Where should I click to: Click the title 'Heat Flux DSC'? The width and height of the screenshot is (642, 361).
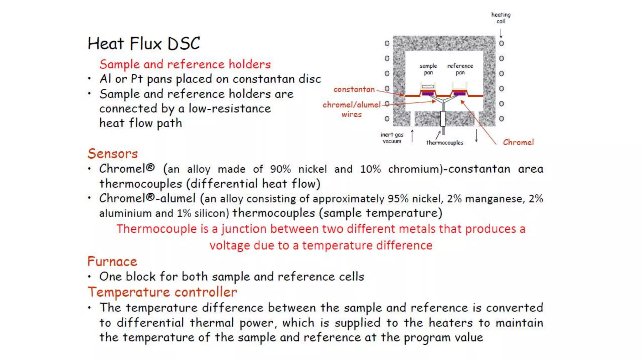coord(144,44)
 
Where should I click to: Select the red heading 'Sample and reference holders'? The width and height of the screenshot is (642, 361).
coord(185,64)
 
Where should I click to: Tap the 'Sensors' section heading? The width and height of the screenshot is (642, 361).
coord(113,154)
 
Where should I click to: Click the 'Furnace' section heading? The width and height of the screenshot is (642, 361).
coord(112,261)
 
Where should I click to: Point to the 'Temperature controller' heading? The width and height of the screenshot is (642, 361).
coord(162,292)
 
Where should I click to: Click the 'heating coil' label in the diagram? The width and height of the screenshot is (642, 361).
coord(501,18)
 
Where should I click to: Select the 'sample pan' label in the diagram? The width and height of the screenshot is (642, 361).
coord(428,69)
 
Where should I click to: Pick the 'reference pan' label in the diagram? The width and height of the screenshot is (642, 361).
coord(460,69)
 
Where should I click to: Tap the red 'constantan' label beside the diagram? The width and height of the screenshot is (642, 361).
coord(354,89)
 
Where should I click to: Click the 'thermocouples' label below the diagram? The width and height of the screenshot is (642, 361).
coord(445,143)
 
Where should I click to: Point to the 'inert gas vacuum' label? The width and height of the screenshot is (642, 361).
coord(392,138)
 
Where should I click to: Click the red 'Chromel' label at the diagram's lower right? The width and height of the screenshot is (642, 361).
coord(518,142)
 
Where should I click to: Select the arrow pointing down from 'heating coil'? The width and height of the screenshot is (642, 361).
coord(501,33)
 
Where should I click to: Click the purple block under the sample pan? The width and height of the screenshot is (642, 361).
coord(428,93)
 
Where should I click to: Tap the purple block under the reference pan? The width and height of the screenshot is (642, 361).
coord(459,93)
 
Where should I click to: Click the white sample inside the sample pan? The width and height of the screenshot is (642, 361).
coord(428,86)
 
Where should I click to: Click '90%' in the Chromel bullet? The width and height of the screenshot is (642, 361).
coord(280,169)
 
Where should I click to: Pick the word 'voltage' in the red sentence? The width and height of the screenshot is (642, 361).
coord(230,245)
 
